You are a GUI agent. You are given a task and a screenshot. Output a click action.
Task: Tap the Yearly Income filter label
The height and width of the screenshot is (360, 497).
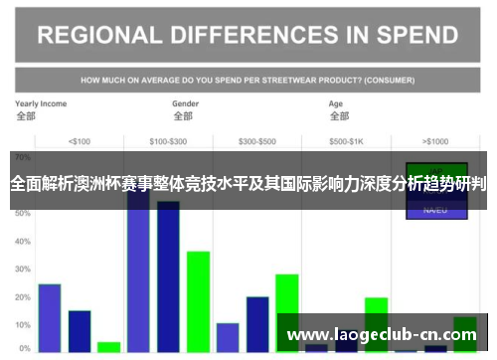pos(41,103)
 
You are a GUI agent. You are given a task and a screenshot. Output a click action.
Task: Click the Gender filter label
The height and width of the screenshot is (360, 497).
pos(185,103)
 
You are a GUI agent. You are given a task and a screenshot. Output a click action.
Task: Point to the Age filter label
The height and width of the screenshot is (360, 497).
pos(338,103)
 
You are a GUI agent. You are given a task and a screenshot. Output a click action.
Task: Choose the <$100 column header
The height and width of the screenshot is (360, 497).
pos(80,140)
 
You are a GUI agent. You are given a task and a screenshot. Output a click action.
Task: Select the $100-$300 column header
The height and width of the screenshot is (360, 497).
pos(168,140)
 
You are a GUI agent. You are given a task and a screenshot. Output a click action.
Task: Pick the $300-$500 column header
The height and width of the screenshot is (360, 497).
pos(257,140)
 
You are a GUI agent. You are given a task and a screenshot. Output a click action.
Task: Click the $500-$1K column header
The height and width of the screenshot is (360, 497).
pos(346,140)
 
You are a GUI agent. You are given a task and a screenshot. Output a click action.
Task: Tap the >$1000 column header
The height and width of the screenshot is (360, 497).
pos(435,140)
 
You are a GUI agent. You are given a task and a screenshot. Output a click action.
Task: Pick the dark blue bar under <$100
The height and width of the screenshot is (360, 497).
pos(80,331)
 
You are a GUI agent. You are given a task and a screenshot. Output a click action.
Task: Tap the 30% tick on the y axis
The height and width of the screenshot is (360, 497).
pos(23,269)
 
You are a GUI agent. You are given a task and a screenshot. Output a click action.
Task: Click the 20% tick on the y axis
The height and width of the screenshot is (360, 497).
pos(23,296)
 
